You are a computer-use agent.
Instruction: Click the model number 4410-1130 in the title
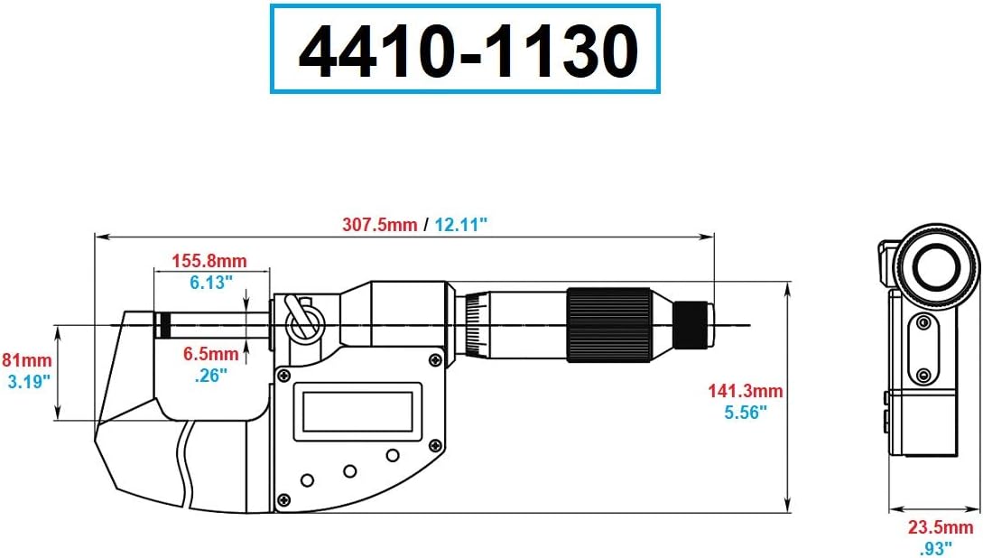(x=467, y=52)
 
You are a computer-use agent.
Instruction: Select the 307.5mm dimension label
(x=378, y=225)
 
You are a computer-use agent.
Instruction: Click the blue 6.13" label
(x=211, y=282)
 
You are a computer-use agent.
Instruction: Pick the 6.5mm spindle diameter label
(x=211, y=353)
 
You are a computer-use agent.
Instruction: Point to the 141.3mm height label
(x=746, y=392)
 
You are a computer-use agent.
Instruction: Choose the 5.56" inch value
(x=746, y=412)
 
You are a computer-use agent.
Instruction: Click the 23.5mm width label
(x=941, y=527)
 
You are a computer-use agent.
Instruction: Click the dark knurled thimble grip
(x=608, y=326)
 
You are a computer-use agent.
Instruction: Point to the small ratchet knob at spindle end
(x=695, y=324)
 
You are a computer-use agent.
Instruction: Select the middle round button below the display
(x=349, y=470)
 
